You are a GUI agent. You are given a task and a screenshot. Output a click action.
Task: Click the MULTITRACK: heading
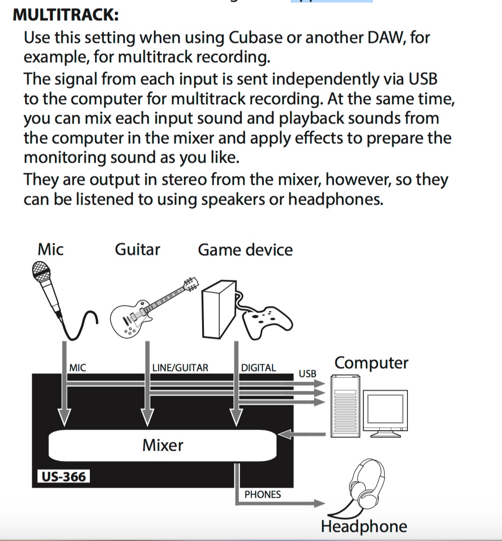[x=66, y=15]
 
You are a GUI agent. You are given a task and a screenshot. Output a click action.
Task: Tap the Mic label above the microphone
[x=50, y=249]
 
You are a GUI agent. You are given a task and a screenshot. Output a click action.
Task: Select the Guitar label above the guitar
[x=137, y=249]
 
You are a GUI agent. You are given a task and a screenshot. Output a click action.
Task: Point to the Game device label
[x=245, y=250]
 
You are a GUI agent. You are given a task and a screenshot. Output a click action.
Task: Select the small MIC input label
[x=77, y=368]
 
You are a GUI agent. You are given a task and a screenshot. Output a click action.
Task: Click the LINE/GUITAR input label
[x=180, y=368]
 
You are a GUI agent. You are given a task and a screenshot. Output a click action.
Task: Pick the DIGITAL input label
[x=258, y=368]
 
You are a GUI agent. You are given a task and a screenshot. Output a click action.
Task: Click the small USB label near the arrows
[x=307, y=373]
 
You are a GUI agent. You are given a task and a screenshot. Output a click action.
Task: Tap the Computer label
[x=371, y=363]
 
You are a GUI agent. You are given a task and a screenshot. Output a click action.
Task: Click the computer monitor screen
[x=385, y=410]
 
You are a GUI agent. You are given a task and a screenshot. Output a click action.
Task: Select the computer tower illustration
[x=345, y=406]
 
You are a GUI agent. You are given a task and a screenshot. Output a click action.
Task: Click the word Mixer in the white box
[x=162, y=445]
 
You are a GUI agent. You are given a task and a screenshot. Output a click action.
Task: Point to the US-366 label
[x=64, y=476]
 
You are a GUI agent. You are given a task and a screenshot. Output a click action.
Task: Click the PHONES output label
[x=263, y=494]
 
